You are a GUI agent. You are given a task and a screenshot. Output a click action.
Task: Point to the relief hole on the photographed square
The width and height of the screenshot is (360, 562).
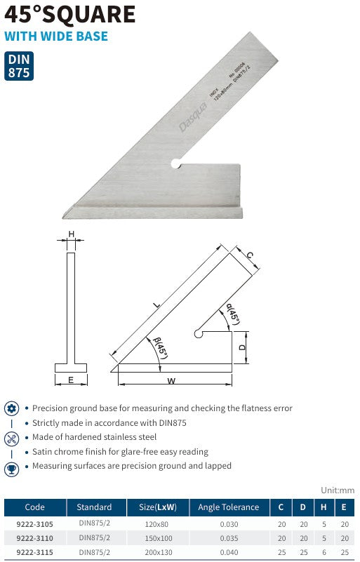[x=175, y=165]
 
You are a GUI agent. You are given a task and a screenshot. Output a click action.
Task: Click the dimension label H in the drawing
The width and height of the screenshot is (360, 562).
[x=71, y=234]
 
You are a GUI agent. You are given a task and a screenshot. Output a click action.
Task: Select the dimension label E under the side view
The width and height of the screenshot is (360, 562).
[x=71, y=380]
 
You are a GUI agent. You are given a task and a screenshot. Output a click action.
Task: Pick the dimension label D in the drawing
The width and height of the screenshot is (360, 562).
[x=241, y=347]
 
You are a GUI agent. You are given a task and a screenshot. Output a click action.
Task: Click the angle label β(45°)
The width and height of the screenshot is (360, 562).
[x=161, y=349]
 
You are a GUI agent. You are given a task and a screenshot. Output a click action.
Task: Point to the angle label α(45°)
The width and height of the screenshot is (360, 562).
[x=233, y=314]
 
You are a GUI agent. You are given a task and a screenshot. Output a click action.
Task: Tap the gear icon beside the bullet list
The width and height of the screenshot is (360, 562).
[x=11, y=408]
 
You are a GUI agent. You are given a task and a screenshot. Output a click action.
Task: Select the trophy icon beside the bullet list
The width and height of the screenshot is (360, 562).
[x=11, y=469]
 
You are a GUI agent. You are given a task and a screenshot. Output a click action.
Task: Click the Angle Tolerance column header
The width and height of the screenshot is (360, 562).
[x=228, y=507]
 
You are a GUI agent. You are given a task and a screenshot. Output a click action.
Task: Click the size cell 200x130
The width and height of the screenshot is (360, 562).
[x=158, y=552]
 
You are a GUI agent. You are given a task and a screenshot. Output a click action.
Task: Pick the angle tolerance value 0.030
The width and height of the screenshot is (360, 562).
[x=228, y=523]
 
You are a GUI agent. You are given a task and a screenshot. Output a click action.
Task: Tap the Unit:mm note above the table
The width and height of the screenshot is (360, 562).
[x=338, y=490]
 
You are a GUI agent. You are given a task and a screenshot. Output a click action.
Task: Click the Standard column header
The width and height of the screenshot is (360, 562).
[x=94, y=507]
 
